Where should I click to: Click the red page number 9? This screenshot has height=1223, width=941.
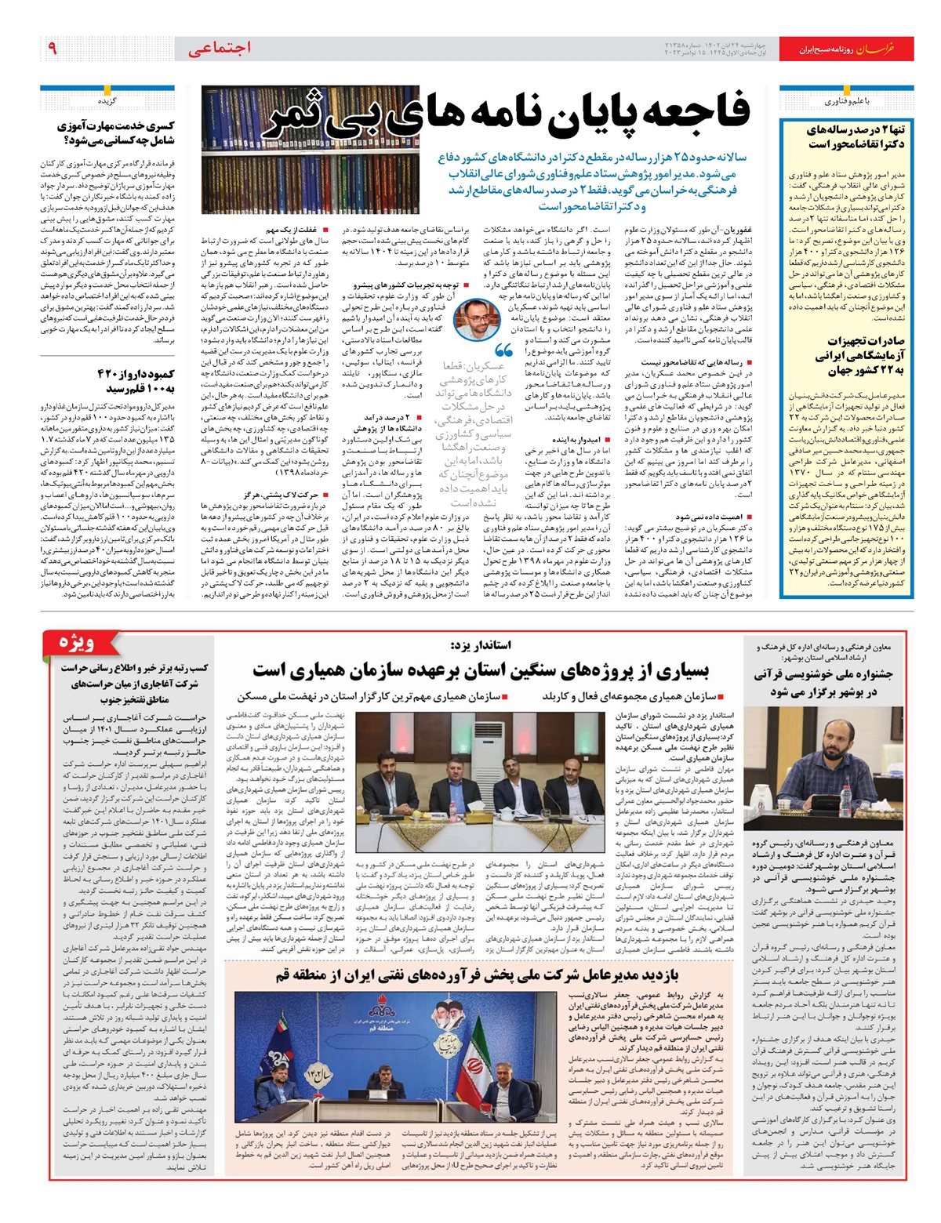53,49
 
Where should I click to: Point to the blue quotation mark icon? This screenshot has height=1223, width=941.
503,351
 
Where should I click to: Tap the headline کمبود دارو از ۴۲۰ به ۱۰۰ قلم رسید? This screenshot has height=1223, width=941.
135,380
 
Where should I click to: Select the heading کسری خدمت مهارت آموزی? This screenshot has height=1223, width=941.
116,132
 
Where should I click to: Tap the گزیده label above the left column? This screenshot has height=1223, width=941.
107,102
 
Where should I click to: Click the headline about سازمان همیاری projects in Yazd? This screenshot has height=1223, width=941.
480,670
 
